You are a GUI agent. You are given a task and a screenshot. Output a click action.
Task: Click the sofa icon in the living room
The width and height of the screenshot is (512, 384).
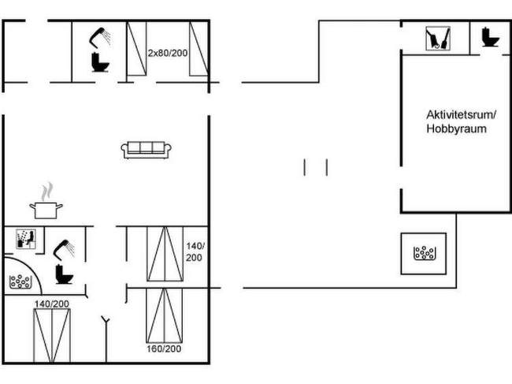(x=147, y=150)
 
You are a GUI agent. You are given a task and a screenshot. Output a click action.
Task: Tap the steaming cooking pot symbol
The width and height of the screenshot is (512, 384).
(x=46, y=201)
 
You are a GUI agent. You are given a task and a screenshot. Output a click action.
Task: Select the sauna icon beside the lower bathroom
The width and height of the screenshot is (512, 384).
(x=26, y=239)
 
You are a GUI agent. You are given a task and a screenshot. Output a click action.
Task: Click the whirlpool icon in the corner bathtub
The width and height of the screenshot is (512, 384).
(x=20, y=281)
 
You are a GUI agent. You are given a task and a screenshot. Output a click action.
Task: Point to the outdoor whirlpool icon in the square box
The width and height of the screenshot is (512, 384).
(x=424, y=253)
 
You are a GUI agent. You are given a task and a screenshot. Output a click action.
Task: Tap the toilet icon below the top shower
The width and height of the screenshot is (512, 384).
(x=100, y=62)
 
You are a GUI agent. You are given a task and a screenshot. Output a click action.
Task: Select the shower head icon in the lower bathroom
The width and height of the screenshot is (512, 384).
(x=64, y=250)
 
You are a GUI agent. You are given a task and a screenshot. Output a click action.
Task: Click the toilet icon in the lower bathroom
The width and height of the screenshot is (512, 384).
(x=64, y=274)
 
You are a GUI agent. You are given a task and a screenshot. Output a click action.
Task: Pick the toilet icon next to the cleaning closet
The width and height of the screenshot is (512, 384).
(x=491, y=37)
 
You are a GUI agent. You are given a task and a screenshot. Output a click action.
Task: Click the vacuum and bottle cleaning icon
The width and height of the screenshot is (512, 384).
(x=438, y=39)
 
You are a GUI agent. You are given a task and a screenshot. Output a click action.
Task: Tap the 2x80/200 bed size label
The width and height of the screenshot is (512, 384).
(x=168, y=53)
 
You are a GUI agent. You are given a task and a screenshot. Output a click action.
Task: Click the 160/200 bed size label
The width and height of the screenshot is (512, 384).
(x=164, y=349)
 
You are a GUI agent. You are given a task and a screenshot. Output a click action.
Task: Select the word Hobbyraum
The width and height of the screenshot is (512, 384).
(x=457, y=129)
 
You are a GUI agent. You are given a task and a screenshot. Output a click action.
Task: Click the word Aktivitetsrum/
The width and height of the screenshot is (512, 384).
(x=461, y=114)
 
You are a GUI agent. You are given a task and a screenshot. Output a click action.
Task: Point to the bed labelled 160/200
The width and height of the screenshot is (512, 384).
(x=165, y=315)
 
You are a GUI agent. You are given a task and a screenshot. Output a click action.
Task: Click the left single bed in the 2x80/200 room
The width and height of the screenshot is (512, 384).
(x=136, y=48)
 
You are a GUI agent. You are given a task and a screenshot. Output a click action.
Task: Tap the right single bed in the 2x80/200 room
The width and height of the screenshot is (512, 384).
(x=198, y=48)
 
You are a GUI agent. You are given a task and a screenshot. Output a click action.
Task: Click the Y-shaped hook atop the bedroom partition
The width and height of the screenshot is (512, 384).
(x=106, y=319)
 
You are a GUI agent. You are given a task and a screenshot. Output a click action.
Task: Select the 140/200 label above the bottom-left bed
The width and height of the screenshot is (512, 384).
(x=52, y=304)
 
